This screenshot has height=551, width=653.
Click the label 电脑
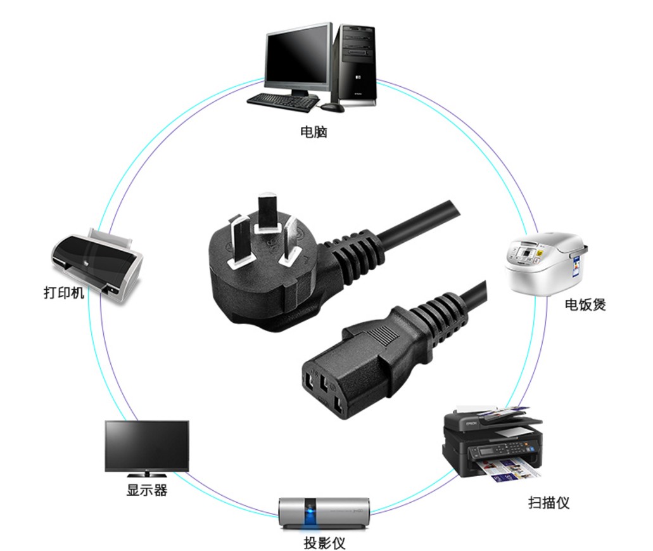314,133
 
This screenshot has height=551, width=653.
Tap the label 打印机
63,293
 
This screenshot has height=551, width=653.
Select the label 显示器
147,490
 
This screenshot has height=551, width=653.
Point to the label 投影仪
325,543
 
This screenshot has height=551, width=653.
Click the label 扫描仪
549,503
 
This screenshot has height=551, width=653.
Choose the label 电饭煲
585,305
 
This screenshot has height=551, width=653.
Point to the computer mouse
333,107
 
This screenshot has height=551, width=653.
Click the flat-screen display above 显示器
147,445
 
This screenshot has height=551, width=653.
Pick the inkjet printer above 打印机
98,264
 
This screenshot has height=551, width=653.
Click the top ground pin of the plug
267,211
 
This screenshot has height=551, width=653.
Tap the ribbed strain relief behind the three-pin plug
355,254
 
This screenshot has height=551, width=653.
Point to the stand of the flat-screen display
147,474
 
